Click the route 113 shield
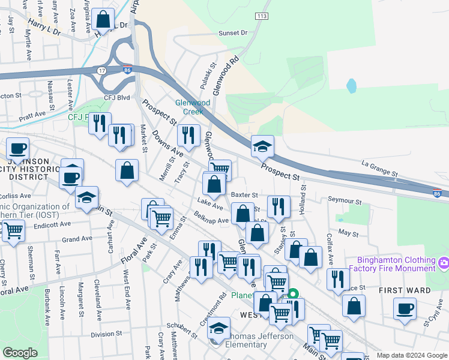261,16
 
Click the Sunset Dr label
233,33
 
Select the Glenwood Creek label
193,107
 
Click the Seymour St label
345,201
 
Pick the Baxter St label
244,195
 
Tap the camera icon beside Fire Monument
444,262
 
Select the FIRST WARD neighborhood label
405,290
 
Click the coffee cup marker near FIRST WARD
405,308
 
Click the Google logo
20,353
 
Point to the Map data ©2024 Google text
411,355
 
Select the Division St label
106,334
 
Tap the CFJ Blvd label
116,97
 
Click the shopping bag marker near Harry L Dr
103,19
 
